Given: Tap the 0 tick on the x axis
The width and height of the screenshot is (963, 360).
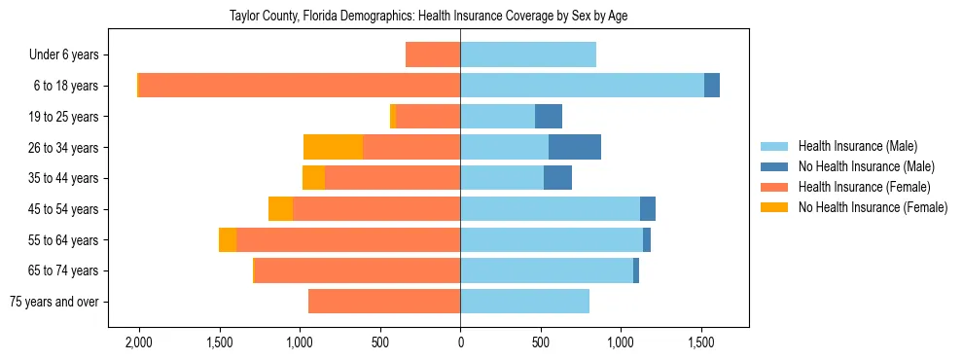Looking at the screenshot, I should pos(460,342).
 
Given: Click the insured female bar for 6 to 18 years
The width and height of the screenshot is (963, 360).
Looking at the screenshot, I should pos(300,86).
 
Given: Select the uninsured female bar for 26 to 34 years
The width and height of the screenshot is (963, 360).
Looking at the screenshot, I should pos(333,147).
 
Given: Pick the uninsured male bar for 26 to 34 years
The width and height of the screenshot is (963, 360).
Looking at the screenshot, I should pos(575,147).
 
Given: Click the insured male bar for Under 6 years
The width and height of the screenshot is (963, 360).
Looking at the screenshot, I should pos(528,55).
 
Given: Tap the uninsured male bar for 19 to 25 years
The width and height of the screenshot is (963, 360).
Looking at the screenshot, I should pos(549,117).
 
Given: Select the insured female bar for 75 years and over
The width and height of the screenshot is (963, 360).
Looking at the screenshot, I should pos(384,302).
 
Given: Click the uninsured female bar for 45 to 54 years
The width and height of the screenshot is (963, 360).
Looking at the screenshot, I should pos(280,209).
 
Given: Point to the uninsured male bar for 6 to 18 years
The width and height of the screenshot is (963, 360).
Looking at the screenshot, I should pos(712,86).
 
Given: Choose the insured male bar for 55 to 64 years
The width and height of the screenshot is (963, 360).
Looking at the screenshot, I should pos(552,240).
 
